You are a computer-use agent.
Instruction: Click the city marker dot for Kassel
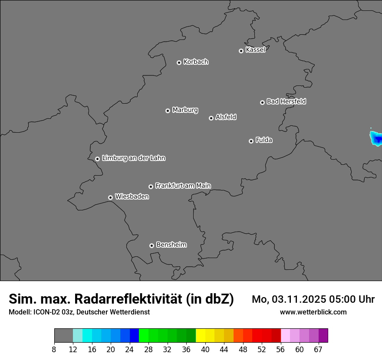tap(241, 51)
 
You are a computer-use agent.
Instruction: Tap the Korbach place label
tap(196, 62)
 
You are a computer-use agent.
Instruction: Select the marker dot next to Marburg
tap(168, 111)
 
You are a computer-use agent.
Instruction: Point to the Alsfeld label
tap(226, 117)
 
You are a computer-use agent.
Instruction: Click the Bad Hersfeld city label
tap(286, 101)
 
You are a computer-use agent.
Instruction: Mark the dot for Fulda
tap(251, 141)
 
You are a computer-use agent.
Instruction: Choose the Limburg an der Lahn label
tap(133, 158)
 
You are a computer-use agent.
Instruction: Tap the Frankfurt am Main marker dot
tap(151, 187)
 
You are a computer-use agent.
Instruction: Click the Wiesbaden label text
tap(132, 196)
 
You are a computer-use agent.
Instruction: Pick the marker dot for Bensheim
tap(151, 245)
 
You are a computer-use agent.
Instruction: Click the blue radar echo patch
tap(376, 139)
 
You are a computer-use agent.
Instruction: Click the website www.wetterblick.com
tap(313, 312)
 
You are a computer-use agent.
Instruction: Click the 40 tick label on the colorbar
tap(205, 349)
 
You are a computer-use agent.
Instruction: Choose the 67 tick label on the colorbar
tap(318, 349)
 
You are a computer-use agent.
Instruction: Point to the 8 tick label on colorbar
tap(54, 349)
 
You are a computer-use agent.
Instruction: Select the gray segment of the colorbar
tap(63, 336)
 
